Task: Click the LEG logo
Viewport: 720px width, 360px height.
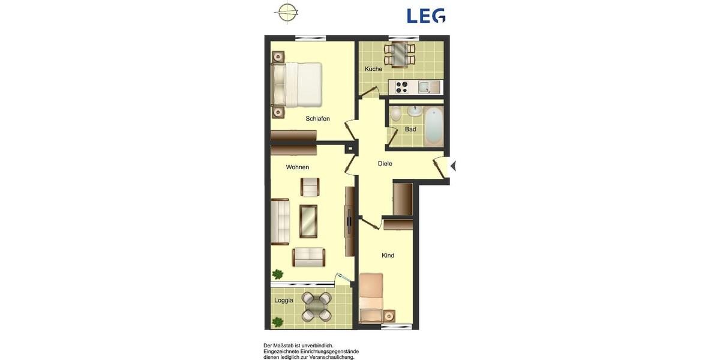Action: point(426,16)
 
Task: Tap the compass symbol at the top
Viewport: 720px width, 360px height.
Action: point(287,12)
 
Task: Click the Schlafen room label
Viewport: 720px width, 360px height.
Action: point(317,119)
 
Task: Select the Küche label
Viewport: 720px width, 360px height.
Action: point(373,69)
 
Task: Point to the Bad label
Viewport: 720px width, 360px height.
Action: point(410,130)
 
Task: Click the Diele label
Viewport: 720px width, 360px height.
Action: point(385,164)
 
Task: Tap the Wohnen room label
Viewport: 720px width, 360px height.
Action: point(298,167)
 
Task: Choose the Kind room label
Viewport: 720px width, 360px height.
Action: point(388,256)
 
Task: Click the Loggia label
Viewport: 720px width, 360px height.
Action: point(284,301)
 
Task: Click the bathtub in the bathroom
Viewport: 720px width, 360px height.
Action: point(433,125)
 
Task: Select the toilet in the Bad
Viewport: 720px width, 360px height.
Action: point(396,114)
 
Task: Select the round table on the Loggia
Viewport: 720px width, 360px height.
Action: point(316,307)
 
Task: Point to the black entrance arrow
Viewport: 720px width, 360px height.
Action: point(454,166)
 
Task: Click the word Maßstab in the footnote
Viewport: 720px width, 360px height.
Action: point(283,346)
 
